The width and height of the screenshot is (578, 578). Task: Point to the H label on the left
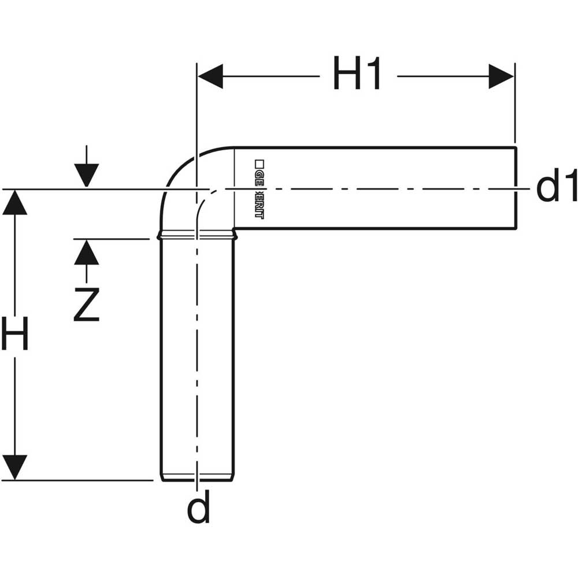pyautogui.click(x=14, y=335)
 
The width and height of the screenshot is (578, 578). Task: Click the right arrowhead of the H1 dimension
pyautogui.click(x=501, y=76)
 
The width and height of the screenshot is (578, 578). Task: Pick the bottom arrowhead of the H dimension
pyautogui.click(x=15, y=467)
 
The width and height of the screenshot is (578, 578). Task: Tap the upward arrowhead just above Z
pyautogui.click(x=86, y=253)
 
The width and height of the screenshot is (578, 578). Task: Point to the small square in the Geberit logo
pyautogui.click(x=259, y=164)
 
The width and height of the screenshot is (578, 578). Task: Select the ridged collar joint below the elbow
pyautogui.click(x=197, y=235)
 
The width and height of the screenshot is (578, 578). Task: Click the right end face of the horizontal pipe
pyautogui.click(x=516, y=188)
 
